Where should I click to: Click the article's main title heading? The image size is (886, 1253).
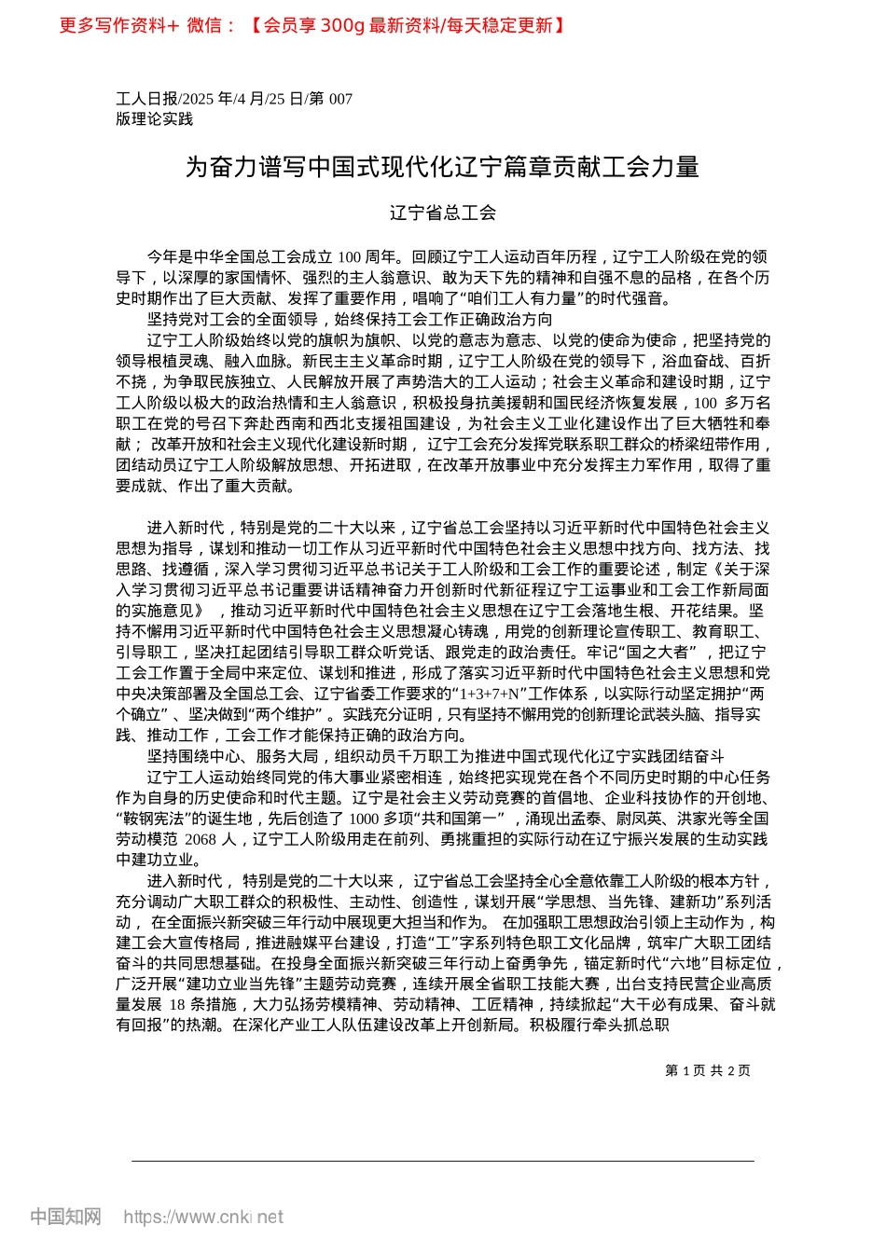click(442, 168)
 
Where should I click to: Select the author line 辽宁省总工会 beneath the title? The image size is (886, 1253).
click(442, 213)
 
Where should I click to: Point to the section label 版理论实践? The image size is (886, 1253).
click(154, 119)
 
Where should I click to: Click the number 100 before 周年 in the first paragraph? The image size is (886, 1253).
click(350, 256)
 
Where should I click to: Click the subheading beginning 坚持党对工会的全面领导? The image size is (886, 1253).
click(350, 320)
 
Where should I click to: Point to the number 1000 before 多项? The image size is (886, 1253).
click(364, 819)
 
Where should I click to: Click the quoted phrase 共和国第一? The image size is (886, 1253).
click(455, 819)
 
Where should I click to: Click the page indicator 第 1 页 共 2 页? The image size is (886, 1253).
click(708, 1071)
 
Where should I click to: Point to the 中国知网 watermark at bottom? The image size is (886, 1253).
click(65, 1217)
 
